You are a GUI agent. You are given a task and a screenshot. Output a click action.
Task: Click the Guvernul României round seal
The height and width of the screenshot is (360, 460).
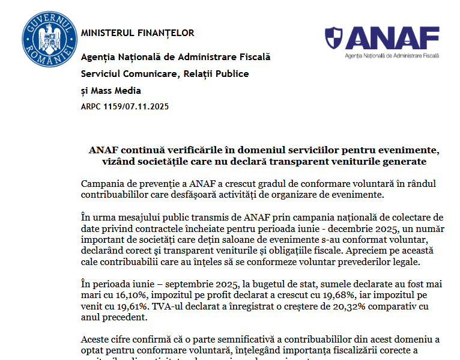pyautogui.click(x=50, y=39)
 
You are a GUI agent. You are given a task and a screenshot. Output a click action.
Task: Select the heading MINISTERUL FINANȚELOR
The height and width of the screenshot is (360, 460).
pyautogui.click(x=138, y=33)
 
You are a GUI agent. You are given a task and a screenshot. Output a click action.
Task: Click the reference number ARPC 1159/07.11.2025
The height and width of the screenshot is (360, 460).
pyautogui.click(x=125, y=107)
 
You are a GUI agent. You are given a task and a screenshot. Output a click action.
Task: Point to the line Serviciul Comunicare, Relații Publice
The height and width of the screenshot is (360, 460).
pyautogui.click(x=165, y=74)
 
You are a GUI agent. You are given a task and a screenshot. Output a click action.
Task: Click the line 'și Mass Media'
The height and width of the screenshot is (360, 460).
pyautogui.click(x=111, y=91)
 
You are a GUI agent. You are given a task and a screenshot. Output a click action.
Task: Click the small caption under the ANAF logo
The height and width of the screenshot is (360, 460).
pyautogui.click(x=392, y=55)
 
